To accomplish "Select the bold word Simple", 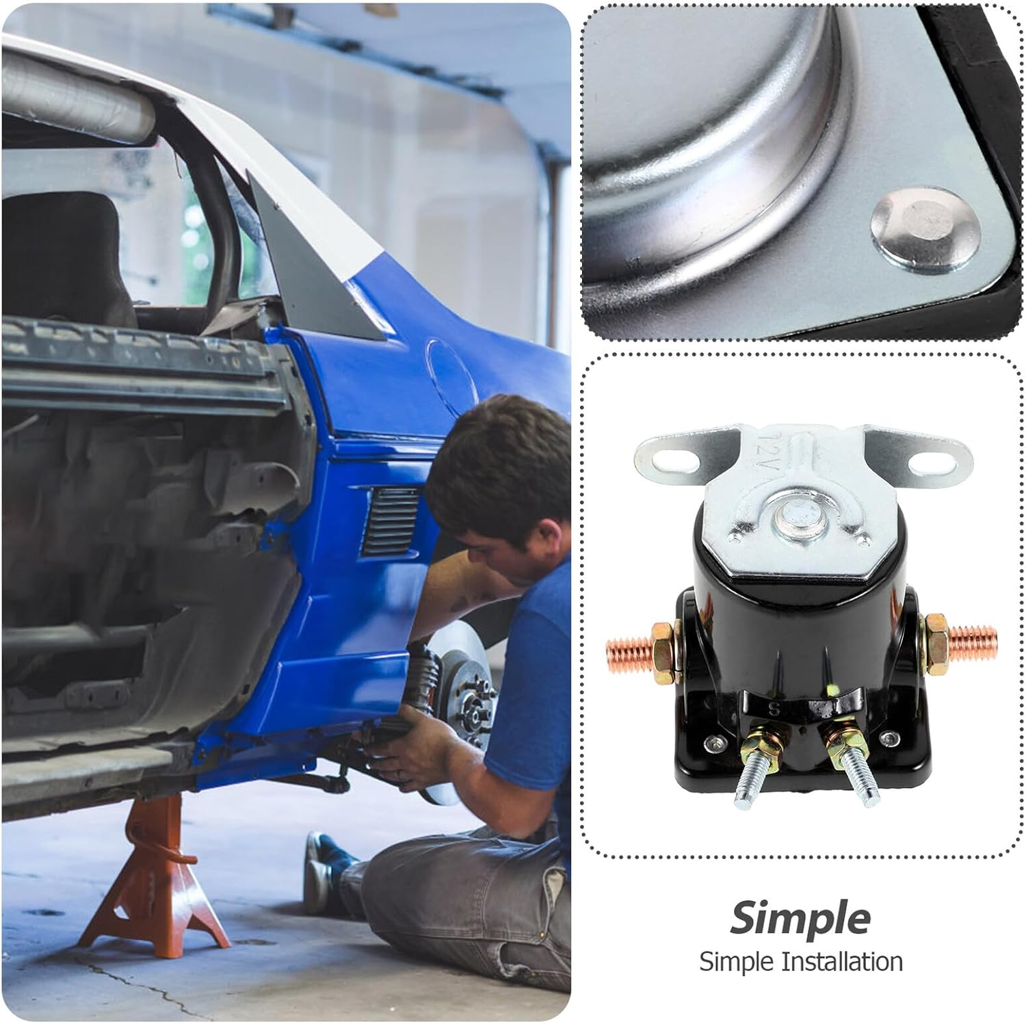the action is pos(800,918).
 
